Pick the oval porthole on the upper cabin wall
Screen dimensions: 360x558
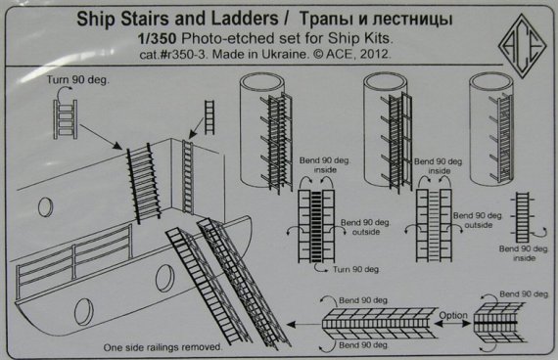pyautogui.click(x=44, y=204)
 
